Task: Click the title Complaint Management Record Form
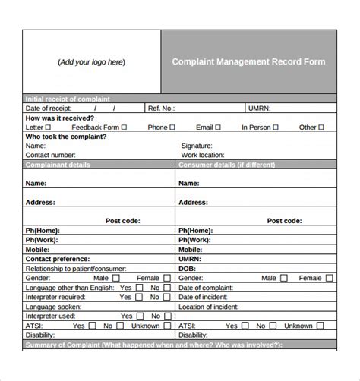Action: coord(248,61)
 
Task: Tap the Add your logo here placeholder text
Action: coord(91,62)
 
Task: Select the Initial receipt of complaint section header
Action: coord(68,99)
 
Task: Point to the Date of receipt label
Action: coord(49,109)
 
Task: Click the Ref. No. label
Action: coord(161,109)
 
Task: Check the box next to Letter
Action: coord(49,128)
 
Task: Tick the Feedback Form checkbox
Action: coord(123,128)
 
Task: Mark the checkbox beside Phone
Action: coord(172,128)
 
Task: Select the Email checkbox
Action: coord(219,128)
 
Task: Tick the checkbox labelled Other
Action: coord(322,128)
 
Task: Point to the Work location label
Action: coord(203,155)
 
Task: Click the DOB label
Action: coord(187,269)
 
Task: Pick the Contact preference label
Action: coord(58,259)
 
